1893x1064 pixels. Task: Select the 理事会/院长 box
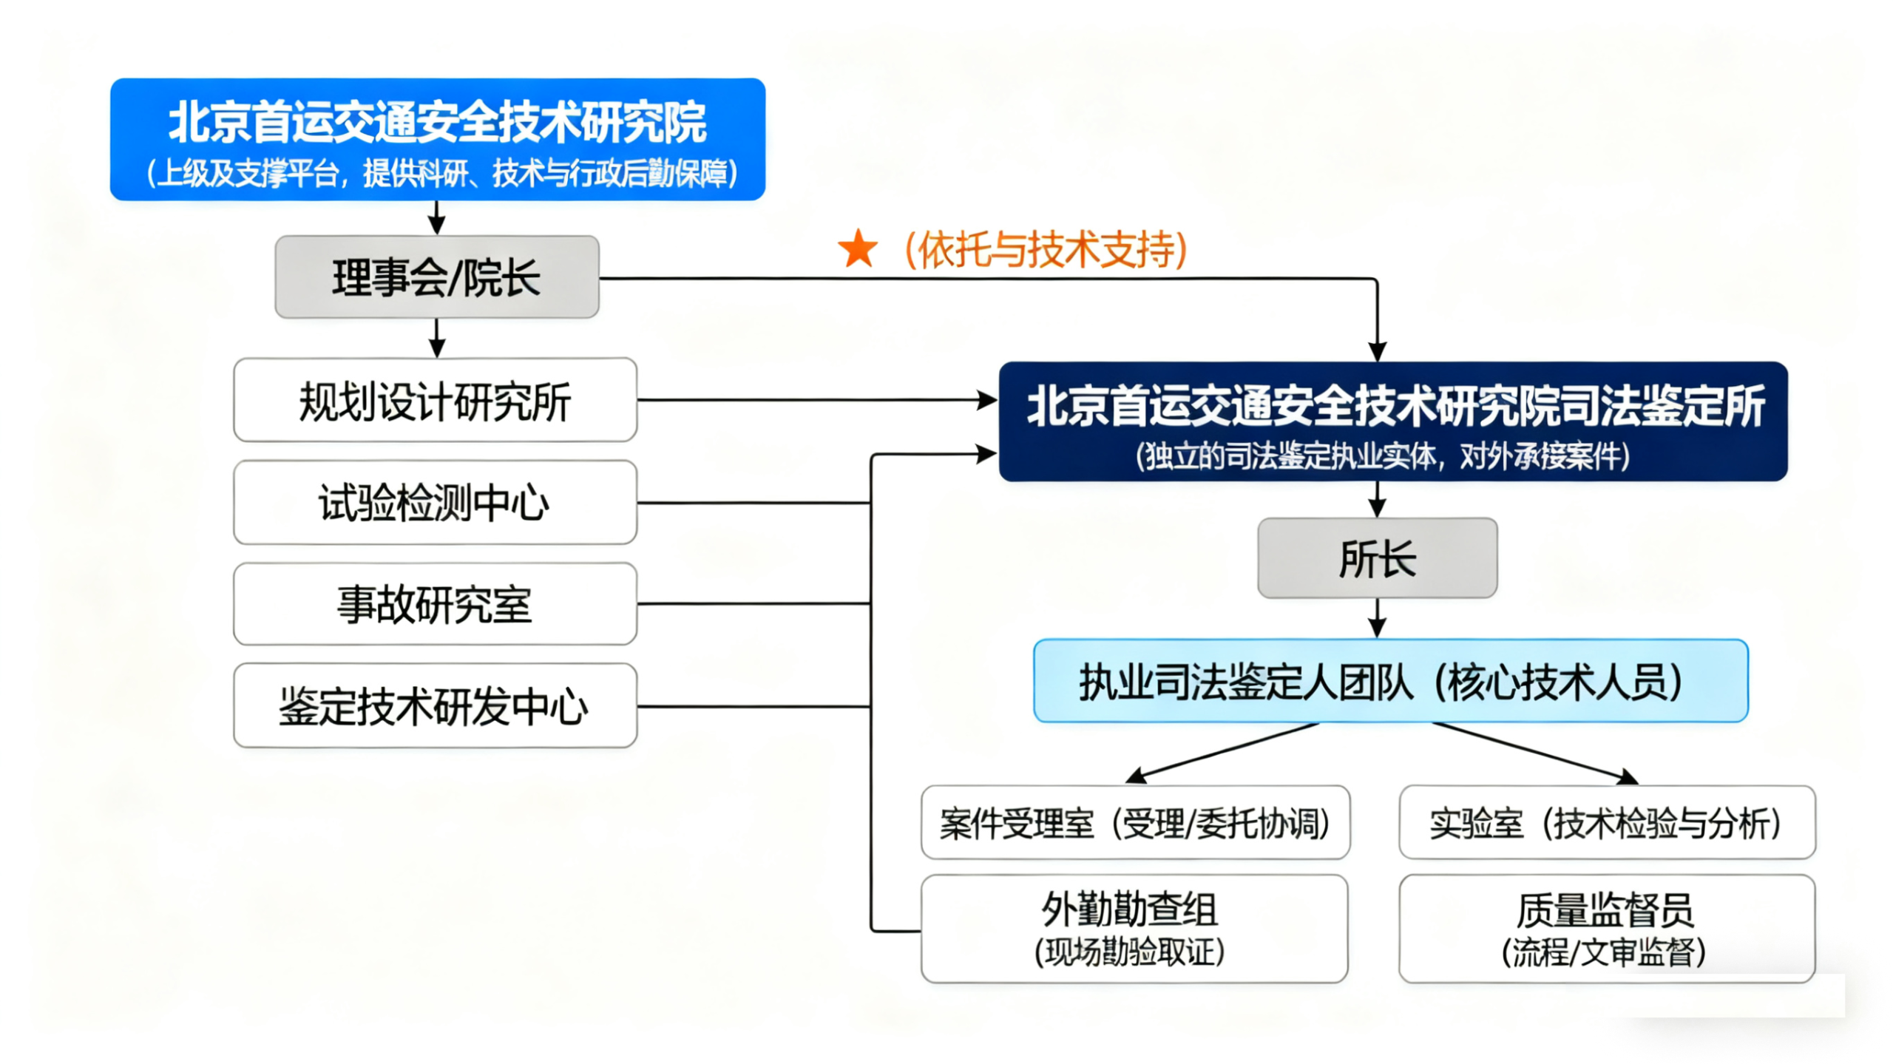click(x=436, y=277)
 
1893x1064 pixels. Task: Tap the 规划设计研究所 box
click(x=435, y=400)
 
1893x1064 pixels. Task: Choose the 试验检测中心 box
click(x=435, y=503)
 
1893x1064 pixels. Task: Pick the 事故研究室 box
click(x=435, y=603)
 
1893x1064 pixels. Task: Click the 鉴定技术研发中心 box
click(x=435, y=705)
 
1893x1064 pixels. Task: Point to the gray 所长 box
click(x=1377, y=558)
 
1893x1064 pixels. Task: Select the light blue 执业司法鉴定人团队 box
click(x=1390, y=681)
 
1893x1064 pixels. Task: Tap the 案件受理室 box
click(x=1135, y=822)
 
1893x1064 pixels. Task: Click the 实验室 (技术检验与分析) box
click(x=1606, y=822)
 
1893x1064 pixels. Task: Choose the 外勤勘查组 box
click(x=1134, y=929)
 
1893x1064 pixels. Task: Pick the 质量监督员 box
click(x=1606, y=929)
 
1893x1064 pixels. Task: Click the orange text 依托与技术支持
click(x=1046, y=250)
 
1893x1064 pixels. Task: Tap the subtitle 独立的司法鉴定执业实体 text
click(x=1383, y=456)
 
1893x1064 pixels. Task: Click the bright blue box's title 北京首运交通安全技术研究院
click(x=437, y=123)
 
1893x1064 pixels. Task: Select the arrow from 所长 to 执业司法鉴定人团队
click(x=1377, y=618)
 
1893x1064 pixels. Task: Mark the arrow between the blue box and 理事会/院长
click(x=437, y=218)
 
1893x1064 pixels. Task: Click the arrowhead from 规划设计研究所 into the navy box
click(x=987, y=400)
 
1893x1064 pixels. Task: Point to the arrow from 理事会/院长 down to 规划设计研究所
click(x=437, y=339)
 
